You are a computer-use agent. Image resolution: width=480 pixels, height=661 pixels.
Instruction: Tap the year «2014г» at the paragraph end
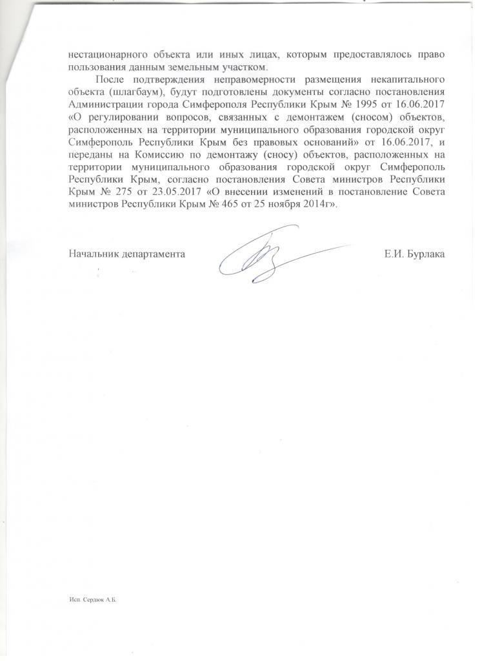tap(321, 204)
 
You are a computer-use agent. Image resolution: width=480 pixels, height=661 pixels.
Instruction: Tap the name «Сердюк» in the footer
tap(95, 600)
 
